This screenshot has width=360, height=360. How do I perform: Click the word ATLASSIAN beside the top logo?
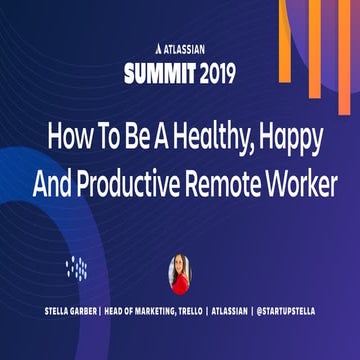187,46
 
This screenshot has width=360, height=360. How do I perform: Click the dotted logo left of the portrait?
78,267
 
